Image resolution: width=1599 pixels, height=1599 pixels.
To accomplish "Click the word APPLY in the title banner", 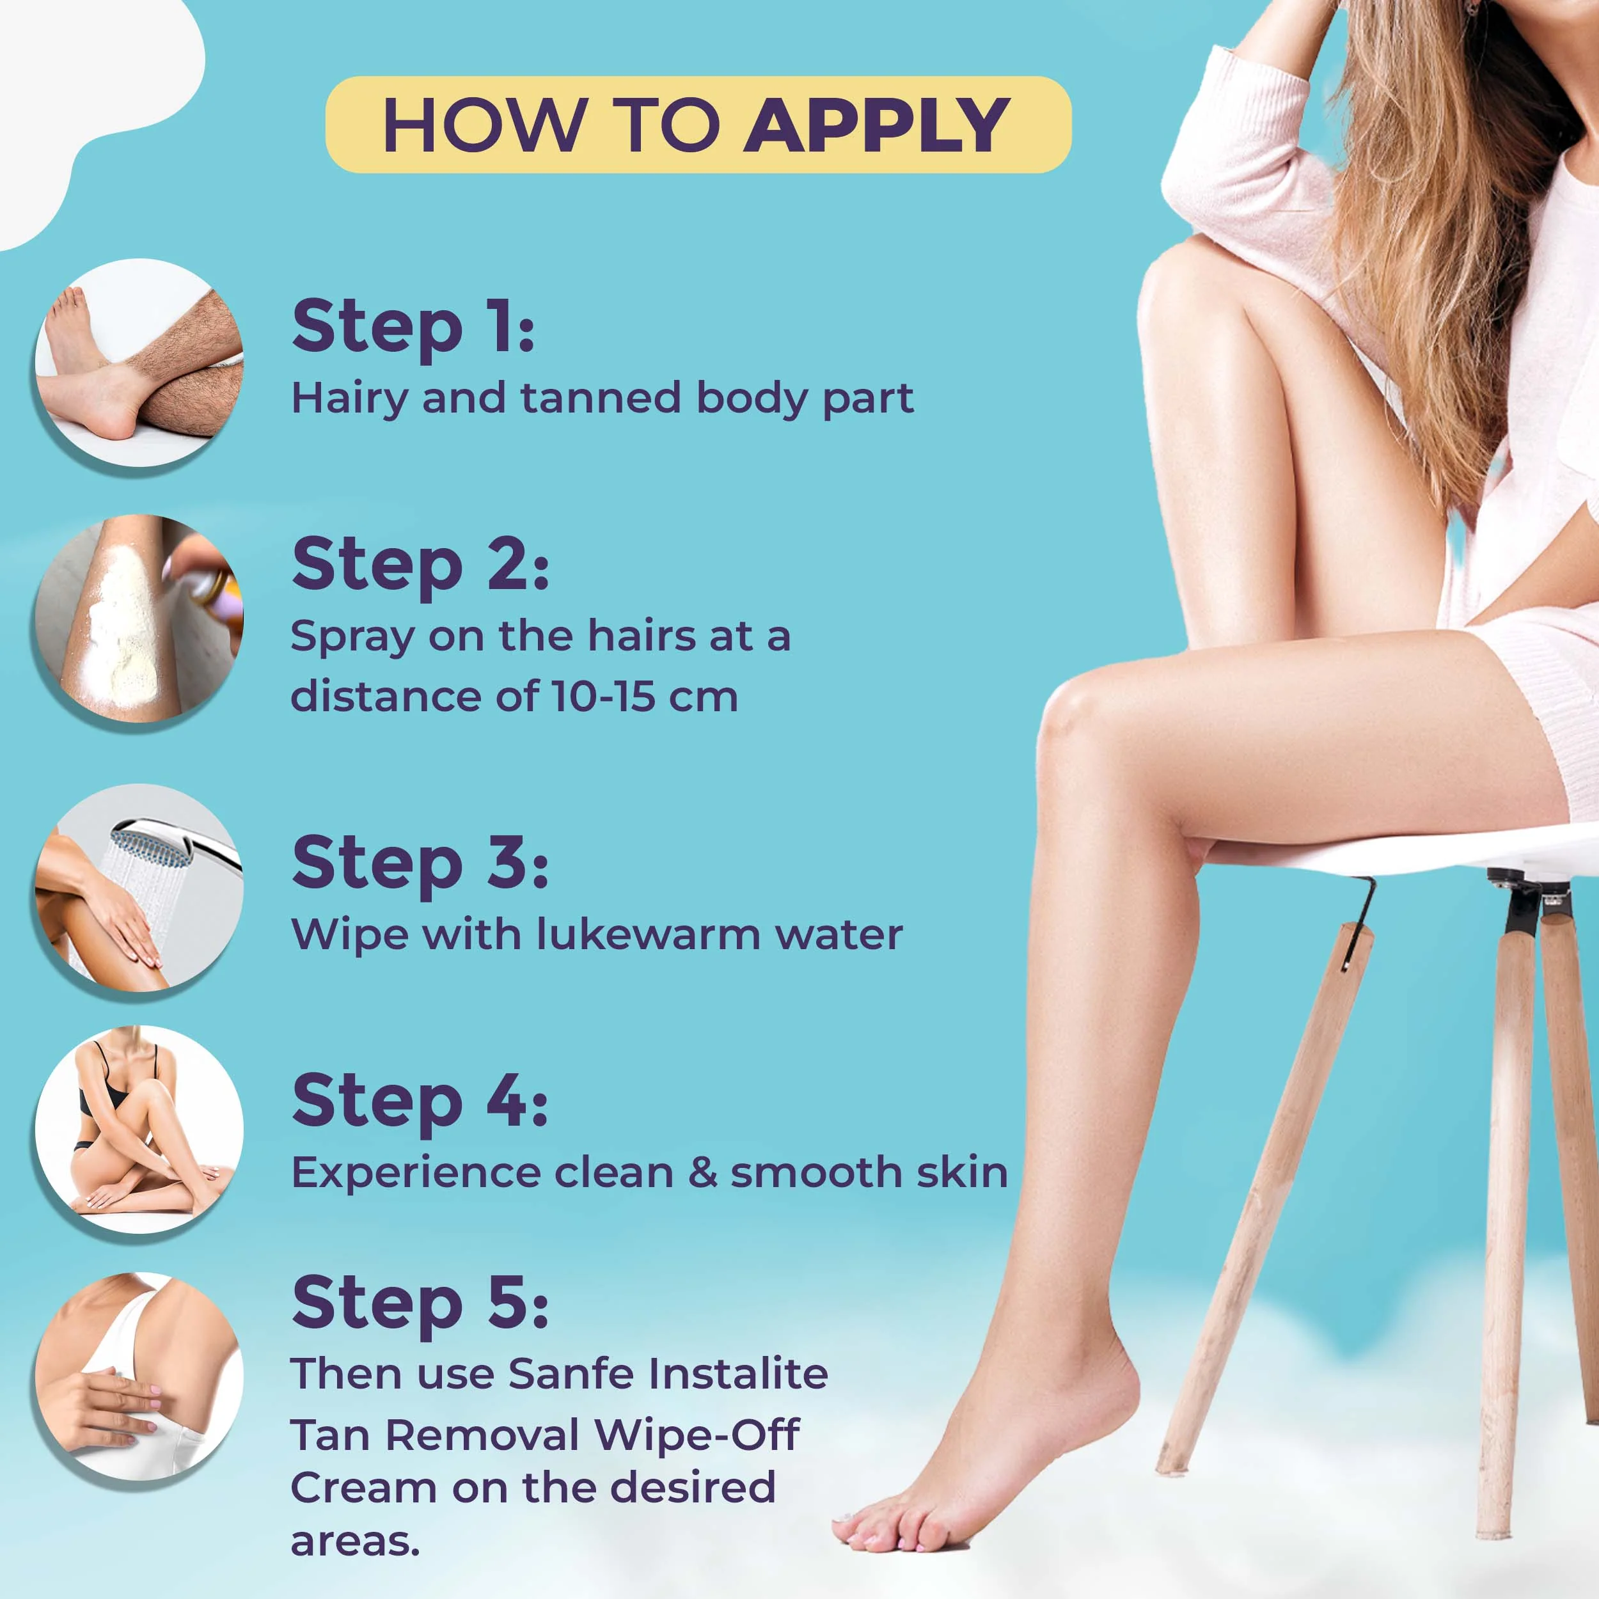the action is (876, 125).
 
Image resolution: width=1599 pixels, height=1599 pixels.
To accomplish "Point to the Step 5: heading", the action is (420, 1303).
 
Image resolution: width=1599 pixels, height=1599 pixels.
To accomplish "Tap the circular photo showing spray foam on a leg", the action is (138, 618).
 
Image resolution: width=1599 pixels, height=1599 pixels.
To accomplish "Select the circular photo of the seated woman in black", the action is (138, 1129).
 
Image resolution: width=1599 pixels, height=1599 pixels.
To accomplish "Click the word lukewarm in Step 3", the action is (648, 934).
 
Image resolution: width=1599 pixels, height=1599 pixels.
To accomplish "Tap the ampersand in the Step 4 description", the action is (703, 1173).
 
